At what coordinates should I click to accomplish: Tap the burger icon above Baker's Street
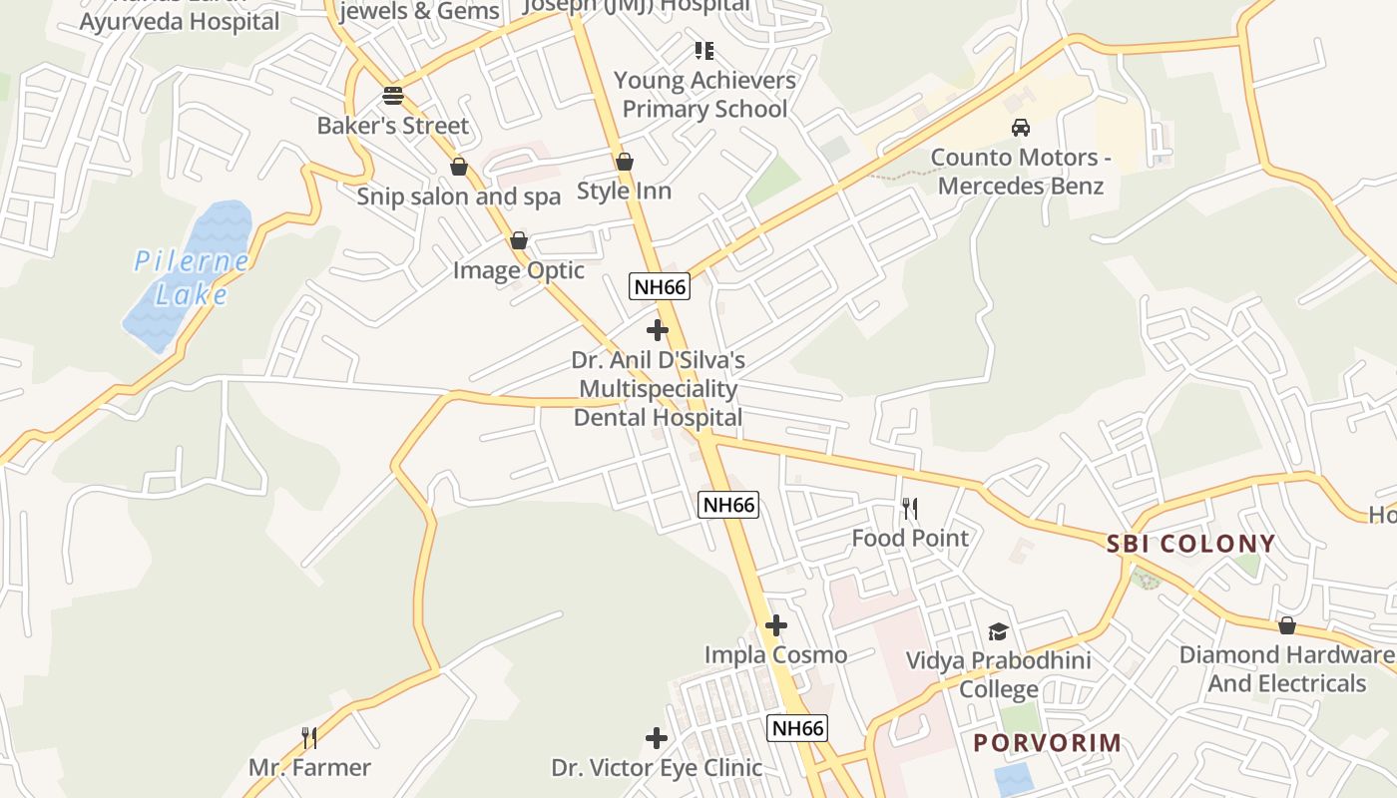(393, 96)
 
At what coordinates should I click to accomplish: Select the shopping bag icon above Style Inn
(625, 161)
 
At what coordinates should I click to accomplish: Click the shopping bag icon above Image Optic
(518, 240)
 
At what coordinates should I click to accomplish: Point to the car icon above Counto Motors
(1020, 128)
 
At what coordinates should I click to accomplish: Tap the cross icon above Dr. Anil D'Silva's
(658, 329)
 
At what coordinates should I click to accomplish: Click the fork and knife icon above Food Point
(909, 509)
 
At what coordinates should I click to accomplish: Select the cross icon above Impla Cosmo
(775, 625)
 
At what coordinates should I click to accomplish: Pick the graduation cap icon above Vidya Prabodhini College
(998, 631)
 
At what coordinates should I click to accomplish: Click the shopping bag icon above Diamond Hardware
(1287, 625)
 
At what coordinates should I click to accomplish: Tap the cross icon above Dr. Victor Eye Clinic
(656, 738)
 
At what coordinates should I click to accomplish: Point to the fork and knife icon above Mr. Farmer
(309, 738)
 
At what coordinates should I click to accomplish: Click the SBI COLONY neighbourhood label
(1190, 544)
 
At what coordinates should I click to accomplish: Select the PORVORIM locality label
(1048, 742)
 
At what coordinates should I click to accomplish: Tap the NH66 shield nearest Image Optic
(660, 287)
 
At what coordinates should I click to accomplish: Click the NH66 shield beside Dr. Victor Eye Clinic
(797, 728)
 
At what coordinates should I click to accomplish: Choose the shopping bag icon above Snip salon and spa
(459, 166)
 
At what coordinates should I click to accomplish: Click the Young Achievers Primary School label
(704, 94)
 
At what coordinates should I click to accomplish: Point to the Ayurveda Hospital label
(180, 22)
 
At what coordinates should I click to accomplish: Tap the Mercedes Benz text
(1021, 186)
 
